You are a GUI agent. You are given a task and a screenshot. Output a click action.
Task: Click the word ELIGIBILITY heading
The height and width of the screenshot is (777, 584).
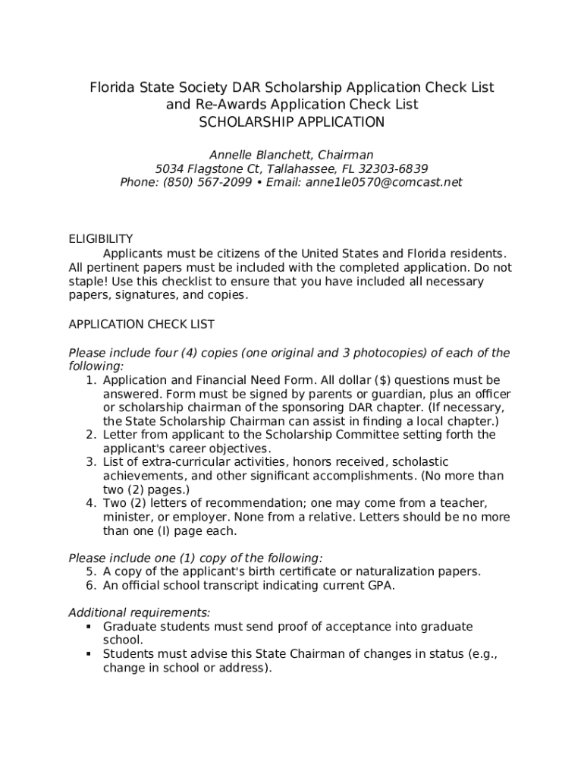click(x=101, y=239)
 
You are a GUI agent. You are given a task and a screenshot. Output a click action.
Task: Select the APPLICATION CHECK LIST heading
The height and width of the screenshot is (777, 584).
click(x=142, y=324)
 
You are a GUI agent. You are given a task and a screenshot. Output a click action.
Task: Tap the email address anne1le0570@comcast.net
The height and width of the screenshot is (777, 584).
click(x=384, y=182)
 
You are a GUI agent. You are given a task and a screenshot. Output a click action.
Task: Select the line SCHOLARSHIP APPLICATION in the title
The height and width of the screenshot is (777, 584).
click(x=292, y=121)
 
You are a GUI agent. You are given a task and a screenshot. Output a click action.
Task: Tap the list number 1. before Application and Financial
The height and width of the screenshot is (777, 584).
click(x=90, y=380)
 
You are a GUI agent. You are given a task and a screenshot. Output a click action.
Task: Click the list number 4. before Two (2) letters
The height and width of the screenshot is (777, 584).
click(x=90, y=503)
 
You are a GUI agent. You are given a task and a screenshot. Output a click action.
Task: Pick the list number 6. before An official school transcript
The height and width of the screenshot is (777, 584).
click(x=90, y=585)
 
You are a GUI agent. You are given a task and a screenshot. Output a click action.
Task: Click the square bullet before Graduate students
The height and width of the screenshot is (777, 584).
click(x=89, y=627)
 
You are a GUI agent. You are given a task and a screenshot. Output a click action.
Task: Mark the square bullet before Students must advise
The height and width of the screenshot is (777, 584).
click(x=89, y=654)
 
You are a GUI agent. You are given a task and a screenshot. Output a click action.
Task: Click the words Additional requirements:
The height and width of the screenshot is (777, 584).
click(x=140, y=612)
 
